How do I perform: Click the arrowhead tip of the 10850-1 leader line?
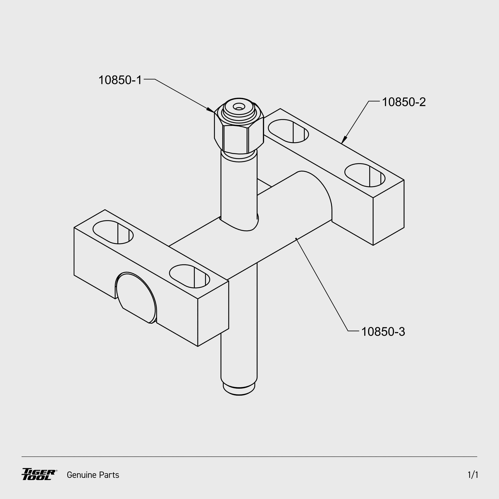(x=214, y=112)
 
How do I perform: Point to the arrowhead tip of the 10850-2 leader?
(x=342, y=144)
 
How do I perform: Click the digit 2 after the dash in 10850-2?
(x=422, y=102)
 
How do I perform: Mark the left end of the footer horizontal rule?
(x=22, y=457)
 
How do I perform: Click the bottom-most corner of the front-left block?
(x=198, y=346)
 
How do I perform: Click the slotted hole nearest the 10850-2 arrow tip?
(x=288, y=131)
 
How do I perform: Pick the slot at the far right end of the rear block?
(x=365, y=175)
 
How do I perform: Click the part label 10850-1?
(x=120, y=80)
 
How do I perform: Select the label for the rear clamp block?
(x=404, y=102)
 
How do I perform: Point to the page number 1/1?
(x=473, y=475)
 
